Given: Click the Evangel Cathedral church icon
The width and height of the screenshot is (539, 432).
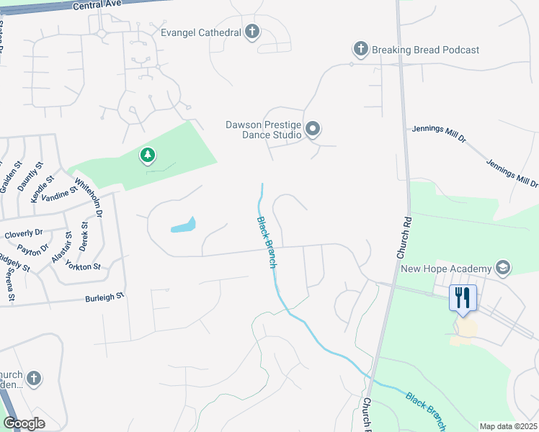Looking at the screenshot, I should [252, 32].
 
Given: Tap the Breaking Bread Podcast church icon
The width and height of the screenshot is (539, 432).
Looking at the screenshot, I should [360, 50].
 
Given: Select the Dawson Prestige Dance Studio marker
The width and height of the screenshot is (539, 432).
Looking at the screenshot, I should [313, 130].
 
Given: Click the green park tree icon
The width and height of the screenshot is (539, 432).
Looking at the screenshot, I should [148, 155].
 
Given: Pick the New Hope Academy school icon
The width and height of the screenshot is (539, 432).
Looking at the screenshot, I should [503, 269].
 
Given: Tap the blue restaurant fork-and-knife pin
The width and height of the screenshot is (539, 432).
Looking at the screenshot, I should [462, 297].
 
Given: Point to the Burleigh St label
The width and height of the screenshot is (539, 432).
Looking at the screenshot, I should [105, 295].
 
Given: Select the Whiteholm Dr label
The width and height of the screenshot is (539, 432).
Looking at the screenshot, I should [89, 198].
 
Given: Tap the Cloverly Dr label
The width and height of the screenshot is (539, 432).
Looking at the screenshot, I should [24, 235].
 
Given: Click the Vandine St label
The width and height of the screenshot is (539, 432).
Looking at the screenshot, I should [59, 194].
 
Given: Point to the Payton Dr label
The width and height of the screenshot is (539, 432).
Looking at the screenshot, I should [34, 249].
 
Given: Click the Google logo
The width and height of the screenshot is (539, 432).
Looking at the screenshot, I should [24, 423].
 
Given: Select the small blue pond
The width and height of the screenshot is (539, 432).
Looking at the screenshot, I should [183, 226].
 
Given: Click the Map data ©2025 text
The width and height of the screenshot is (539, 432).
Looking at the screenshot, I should [509, 426].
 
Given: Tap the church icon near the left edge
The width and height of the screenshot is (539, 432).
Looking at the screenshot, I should [34, 378].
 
